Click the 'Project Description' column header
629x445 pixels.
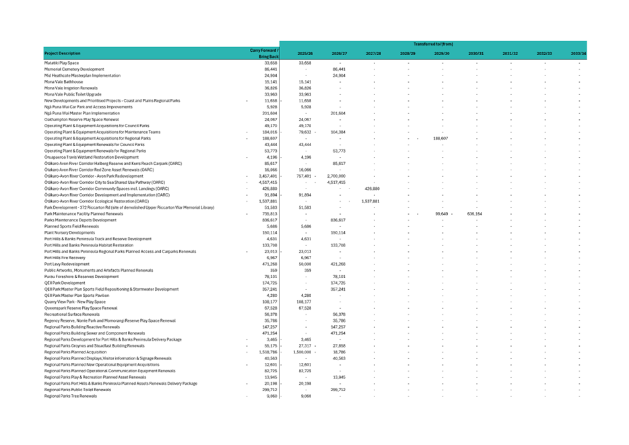point(62,53)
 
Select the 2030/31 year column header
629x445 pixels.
point(476,53)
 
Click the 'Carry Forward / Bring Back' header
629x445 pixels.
point(264,53)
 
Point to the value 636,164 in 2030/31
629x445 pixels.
point(474,213)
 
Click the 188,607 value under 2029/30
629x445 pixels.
point(440,138)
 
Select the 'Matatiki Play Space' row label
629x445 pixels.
point(61,63)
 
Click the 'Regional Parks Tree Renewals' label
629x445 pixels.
point(71,396)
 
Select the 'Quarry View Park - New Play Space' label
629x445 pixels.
point(75,302)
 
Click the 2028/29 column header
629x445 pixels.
point(407,53)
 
